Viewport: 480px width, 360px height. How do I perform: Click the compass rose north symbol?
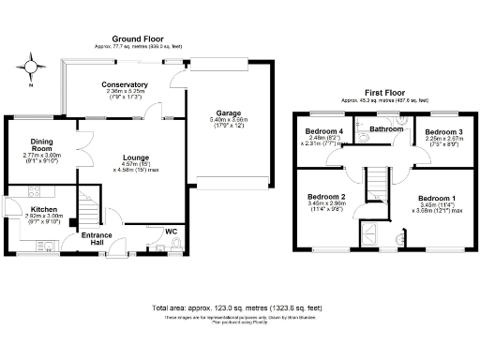coord(31,68)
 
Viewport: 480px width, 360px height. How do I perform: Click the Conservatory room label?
coord(125,84)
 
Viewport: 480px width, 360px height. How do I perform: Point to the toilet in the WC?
coord(177,246)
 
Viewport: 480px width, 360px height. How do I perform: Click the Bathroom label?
coord(385,128)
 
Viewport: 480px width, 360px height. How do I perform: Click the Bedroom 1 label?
coord(437,199)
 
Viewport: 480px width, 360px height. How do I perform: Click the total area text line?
coord(236,307)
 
